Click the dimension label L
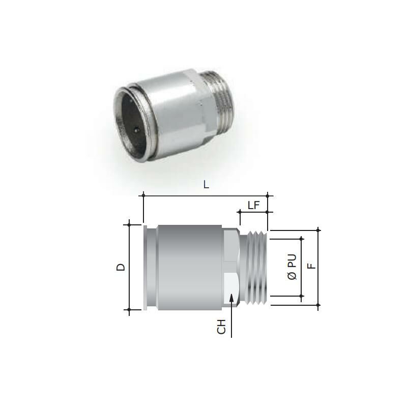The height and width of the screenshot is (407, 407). coord(206,185)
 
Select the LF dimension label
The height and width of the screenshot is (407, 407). coord(253,206)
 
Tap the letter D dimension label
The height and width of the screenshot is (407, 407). coord(121,267)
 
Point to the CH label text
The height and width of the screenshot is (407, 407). coord(221,327)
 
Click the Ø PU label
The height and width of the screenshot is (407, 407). coord(292,267)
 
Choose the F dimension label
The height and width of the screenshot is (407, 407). coord(311,266)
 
